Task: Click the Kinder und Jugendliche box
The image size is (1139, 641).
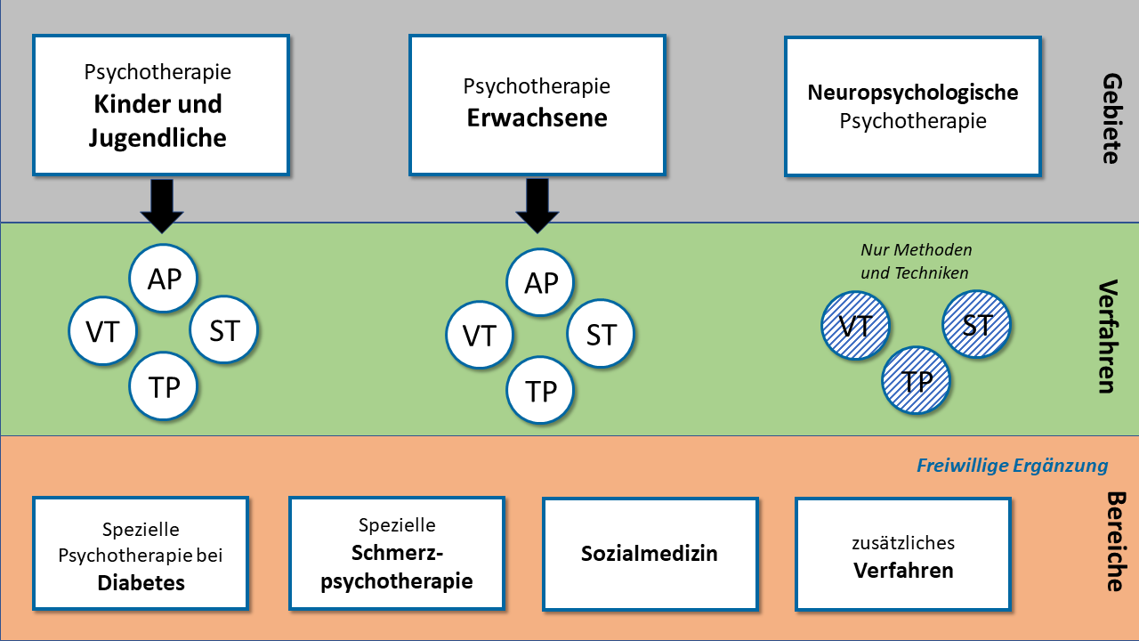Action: tap(161, 105)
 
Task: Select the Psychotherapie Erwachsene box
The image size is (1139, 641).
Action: tap(537, 105)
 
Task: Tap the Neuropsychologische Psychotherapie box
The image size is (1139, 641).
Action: tap(913, 105)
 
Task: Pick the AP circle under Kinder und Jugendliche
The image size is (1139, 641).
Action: tap(165, 279)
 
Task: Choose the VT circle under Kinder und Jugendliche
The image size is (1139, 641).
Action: tap(103, 332)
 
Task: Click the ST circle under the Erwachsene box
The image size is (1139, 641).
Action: tap(602, 335)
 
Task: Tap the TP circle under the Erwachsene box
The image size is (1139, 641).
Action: tap(541, 390)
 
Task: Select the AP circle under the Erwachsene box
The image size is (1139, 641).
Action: tap(541, 282)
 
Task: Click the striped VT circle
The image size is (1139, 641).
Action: tap(855, 326)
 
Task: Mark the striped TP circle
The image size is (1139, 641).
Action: tap(917, 381)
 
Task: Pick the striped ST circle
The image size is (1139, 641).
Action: tap(977, 325)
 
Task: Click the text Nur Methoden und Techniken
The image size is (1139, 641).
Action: tap(916, 262)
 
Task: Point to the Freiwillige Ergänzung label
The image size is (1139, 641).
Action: tap(1013, 465)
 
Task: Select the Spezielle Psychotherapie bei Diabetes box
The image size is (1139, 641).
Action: tap(141, 555)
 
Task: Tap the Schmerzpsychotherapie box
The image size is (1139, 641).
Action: tap(397, 555)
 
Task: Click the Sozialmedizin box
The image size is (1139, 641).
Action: tap(650, 555)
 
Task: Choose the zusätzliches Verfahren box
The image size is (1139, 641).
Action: tap(903, 555)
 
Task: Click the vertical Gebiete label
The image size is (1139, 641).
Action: tap(1109, 118)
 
